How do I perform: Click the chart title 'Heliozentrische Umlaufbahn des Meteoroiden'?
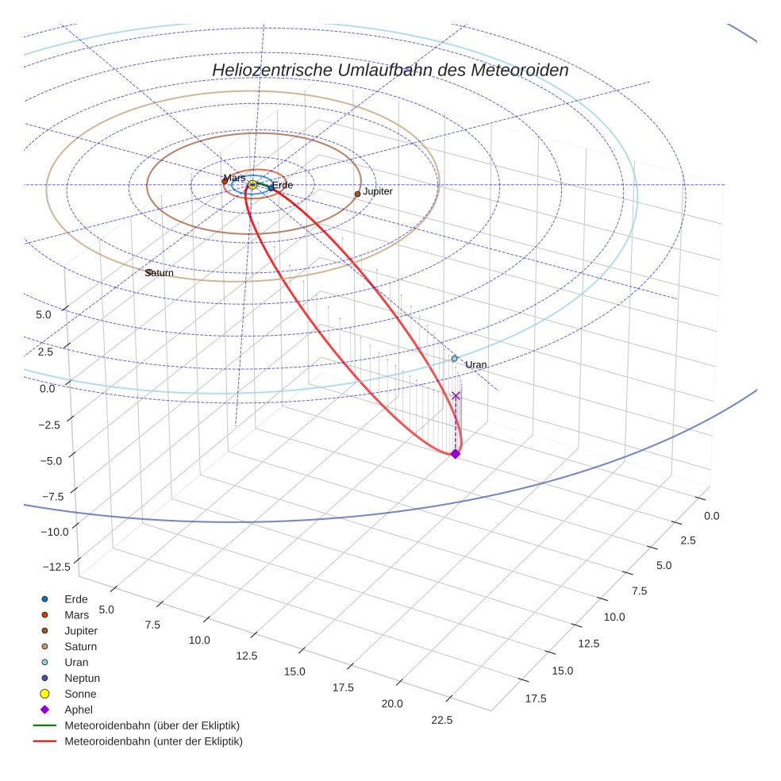coord(390,70)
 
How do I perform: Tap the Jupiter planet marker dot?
coord(357,194)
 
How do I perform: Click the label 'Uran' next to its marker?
coord(476,365)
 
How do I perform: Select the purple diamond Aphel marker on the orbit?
coord(455,454)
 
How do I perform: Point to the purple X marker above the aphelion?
coord(456,395)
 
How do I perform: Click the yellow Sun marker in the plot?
coord(252,185)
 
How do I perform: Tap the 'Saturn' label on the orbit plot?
coord(160,273)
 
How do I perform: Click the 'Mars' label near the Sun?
coord(234,178)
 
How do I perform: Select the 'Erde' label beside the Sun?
coord(283,186)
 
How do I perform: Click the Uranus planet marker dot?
coord(455,359)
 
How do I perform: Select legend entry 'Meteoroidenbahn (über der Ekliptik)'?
coord(152,725)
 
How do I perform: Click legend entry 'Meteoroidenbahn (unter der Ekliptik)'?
coord(153,741)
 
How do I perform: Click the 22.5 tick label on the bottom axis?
coord(441,721)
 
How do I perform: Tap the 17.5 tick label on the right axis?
coord(536,698)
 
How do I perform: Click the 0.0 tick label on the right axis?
coord(712,516)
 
